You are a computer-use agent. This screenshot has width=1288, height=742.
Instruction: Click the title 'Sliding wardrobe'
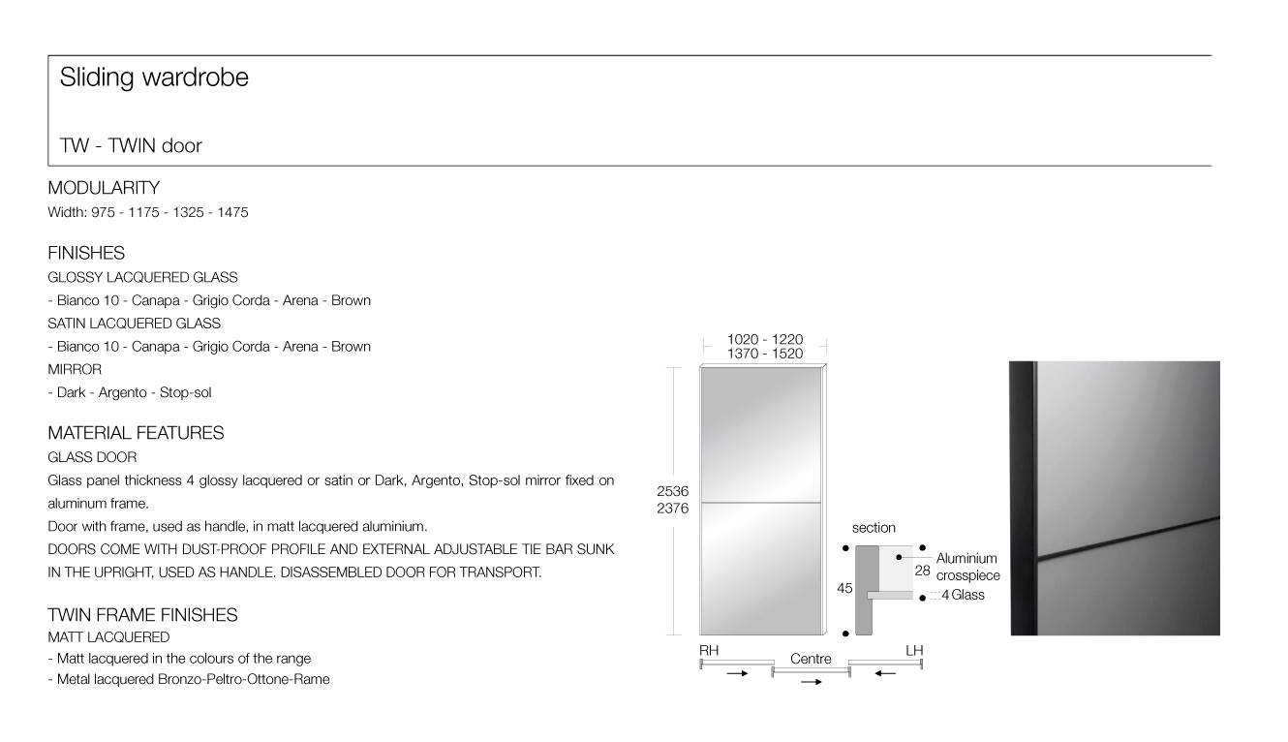[154, 77]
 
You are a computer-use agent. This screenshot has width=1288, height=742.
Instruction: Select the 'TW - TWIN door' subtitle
[131, 145]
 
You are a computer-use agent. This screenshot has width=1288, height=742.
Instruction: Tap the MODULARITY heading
[104, 188]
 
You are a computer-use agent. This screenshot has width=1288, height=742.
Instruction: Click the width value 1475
[232, 212]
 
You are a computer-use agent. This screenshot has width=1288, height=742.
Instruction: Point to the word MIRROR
[75, 369]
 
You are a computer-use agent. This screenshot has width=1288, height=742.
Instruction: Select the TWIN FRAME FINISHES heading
[142, 615]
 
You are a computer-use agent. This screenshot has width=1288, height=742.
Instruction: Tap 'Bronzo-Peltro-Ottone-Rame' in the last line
[244, 679]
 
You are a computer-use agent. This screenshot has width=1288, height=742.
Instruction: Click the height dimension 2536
[673, 491]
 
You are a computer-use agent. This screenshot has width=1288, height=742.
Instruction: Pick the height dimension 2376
[673, 509]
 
